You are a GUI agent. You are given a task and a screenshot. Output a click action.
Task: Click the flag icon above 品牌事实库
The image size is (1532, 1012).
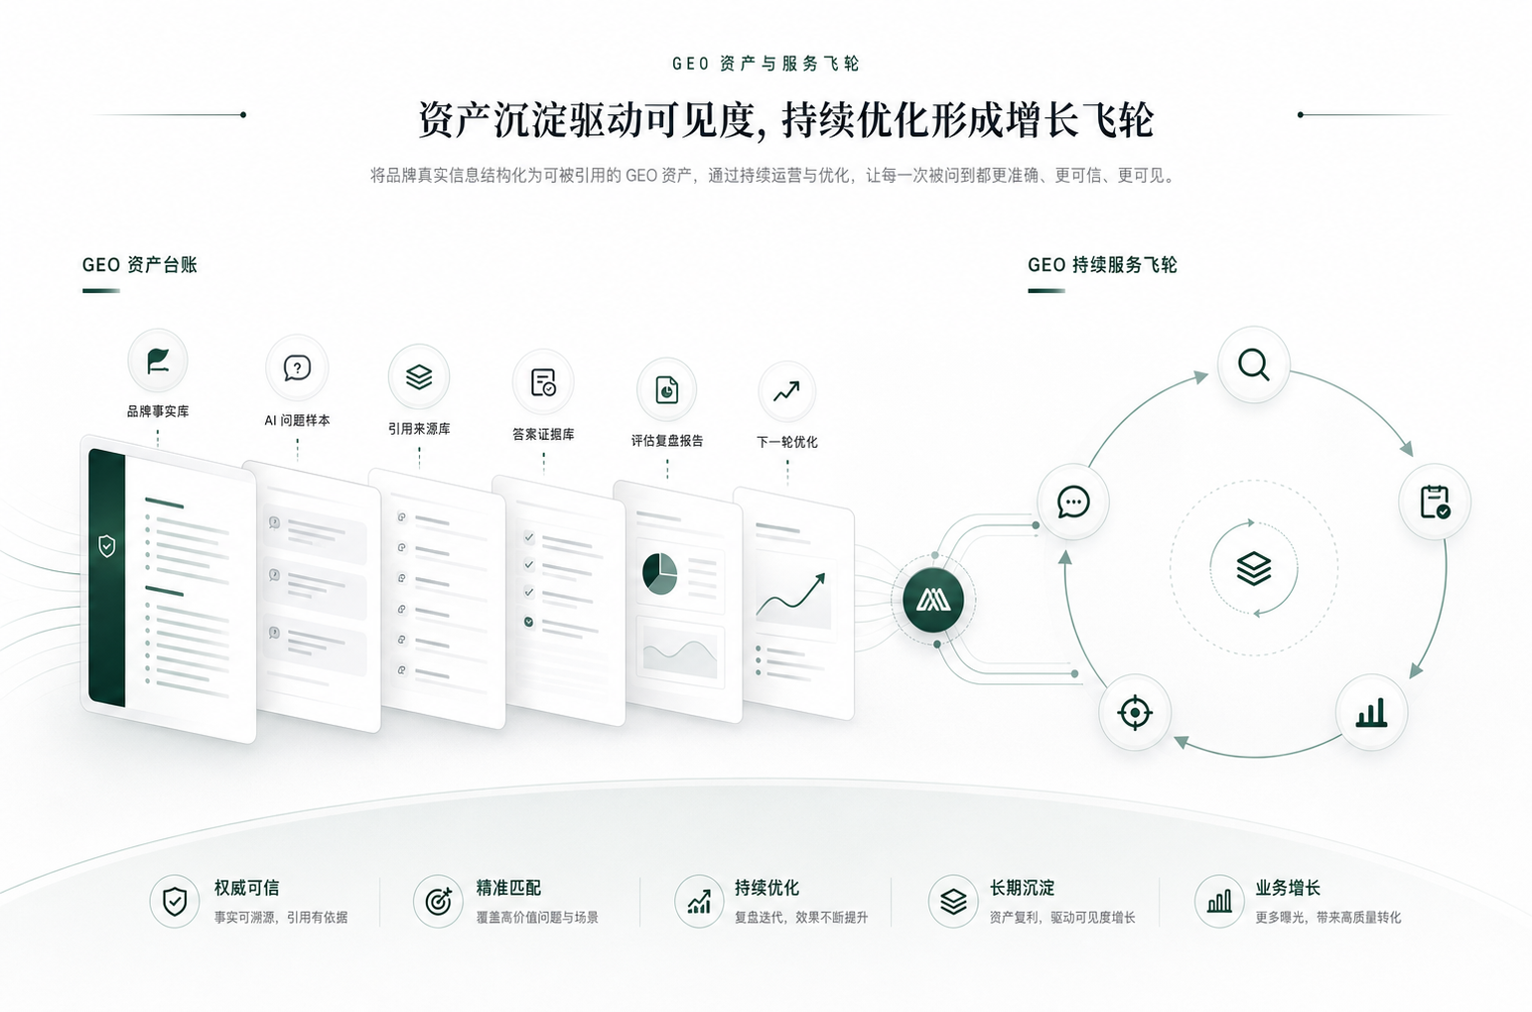[x=158, y=361]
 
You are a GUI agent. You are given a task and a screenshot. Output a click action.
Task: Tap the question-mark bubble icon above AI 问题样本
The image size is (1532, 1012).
[x=297, y=368]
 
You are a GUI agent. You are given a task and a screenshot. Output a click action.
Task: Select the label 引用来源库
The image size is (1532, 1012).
[x=419, y=429]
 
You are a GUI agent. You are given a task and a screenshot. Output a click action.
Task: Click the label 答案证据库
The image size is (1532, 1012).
[x=543, y=435]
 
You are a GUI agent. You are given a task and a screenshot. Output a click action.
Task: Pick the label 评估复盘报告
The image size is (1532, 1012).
[x=667, y=441]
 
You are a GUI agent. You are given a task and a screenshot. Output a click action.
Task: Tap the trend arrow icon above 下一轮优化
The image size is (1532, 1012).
[x=786, y=391]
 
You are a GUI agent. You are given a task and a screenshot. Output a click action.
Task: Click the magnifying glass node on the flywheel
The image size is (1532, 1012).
[x=1254, y=364]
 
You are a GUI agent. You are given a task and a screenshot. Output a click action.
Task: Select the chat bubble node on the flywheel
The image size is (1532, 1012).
[x=1073, y=502]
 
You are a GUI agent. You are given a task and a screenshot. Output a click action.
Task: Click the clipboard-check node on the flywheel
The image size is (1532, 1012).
[x=1434, y=502]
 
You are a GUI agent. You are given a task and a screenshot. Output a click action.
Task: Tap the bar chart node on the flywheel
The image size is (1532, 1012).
[x=1371, y=712]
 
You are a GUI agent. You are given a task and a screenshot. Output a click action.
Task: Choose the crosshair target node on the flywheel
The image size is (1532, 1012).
[x=1135, y=712]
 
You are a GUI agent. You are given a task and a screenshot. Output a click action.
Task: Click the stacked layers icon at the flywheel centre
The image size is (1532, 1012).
[x=1254, y=569]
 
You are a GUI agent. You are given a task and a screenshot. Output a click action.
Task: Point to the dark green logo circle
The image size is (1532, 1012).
[x=933, y=600]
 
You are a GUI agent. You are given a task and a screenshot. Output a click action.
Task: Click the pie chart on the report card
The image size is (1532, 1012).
[x=660, y=573]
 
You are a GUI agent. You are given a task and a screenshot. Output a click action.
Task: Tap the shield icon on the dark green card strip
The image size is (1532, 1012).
[x=106, y=546]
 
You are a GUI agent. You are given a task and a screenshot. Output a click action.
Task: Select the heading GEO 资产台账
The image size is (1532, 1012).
[x=140, y=265]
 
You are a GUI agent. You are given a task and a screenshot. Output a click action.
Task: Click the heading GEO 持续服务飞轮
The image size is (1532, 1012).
[x=1102, y=265]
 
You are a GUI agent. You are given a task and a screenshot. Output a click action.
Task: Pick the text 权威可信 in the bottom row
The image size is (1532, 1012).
[x=246, y=888]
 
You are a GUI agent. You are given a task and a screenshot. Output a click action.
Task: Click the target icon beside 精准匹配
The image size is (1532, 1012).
[x=438, y=902]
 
